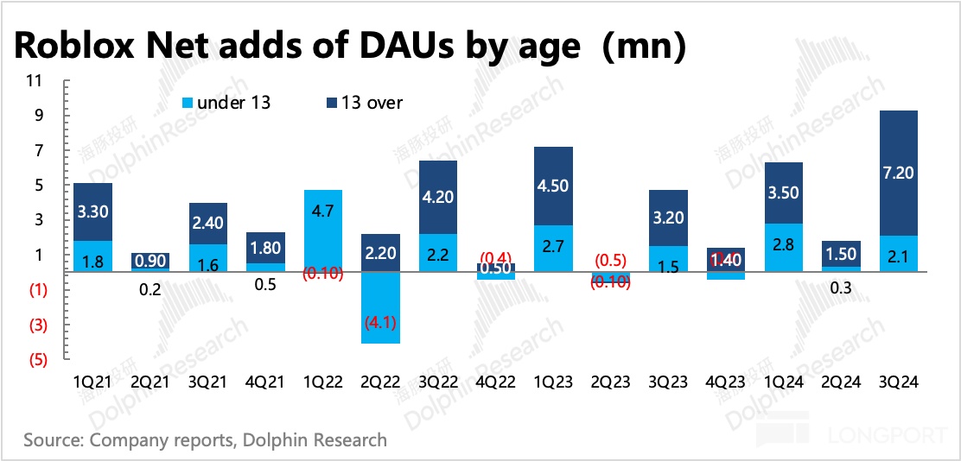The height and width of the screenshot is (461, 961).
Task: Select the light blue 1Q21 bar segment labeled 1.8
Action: [93, 256]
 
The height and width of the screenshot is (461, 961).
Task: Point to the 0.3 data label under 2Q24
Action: [841, 288]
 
